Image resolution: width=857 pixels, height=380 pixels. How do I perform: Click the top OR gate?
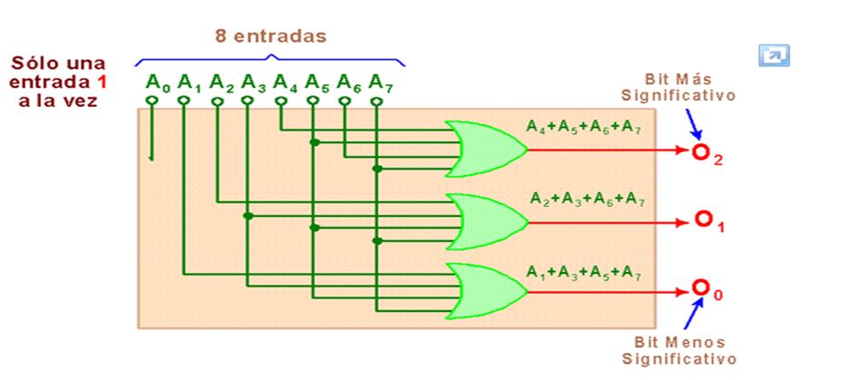coord(485,149)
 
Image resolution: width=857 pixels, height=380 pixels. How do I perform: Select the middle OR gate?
coord(485,220)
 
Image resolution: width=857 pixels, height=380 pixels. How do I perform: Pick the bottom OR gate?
coord(485,291)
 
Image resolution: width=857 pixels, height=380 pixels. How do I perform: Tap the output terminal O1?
coord(704,219)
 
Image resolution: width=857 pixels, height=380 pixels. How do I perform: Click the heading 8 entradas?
coord(269,37)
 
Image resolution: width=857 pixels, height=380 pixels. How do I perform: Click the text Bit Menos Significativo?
coord(679,350)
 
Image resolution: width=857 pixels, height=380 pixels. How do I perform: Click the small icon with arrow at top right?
coord(774,55)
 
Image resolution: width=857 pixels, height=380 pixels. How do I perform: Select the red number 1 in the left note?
coord(102,83)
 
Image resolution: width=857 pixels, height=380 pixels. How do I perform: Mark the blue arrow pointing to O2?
coord(691,122)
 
